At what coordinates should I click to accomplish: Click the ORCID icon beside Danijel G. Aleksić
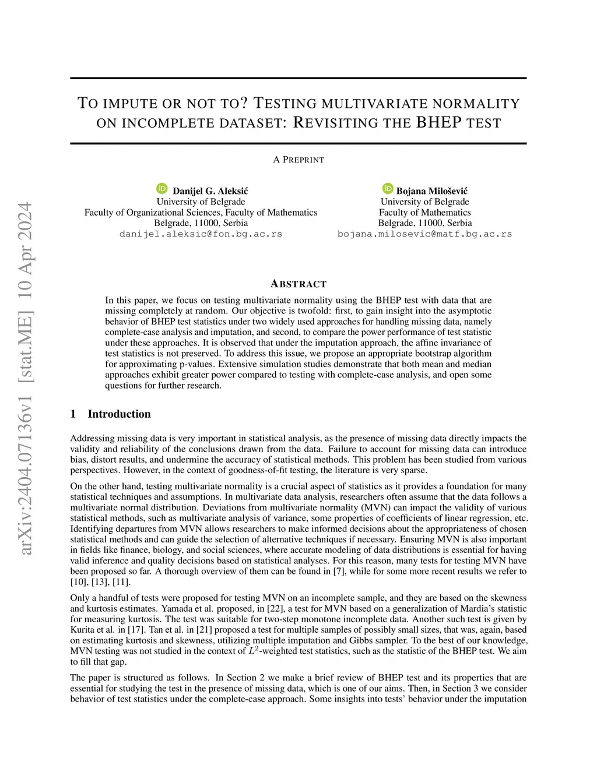pos(162,189)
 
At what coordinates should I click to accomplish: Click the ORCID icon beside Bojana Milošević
pos(388,188)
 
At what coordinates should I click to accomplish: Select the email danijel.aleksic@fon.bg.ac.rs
pos(201,234)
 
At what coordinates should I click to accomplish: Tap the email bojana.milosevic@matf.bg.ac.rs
pos(424,234)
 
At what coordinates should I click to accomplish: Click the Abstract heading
pos(298,284)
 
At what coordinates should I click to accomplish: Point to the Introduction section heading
pos(119,414)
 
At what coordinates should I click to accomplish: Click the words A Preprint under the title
pos(298,160)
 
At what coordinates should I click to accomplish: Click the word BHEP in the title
pos(438,122)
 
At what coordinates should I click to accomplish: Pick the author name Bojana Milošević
pos(431,191)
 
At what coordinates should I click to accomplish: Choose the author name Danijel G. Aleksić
pos(210,191)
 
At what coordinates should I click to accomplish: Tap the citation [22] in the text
pos(274,608)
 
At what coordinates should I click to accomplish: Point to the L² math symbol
pos(252,650)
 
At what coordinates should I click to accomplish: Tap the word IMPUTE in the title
pos(129,104)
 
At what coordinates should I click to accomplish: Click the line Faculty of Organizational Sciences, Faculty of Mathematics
pos(201,212)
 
